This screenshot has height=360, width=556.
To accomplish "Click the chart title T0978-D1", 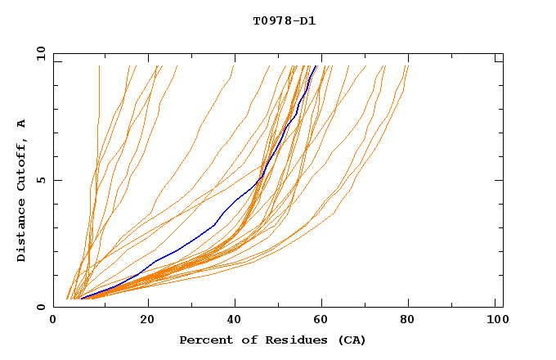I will coord(285,20).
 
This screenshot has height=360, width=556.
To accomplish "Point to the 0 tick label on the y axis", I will coord(41,307).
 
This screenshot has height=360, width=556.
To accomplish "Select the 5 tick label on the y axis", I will coord(41,180).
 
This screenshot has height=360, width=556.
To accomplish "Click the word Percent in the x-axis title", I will coord(203,340).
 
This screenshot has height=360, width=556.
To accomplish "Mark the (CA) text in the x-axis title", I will coord(350,340).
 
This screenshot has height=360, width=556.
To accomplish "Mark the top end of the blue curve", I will coord(316,66).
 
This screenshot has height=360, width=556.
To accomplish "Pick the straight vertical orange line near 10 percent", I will coord(99,90).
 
